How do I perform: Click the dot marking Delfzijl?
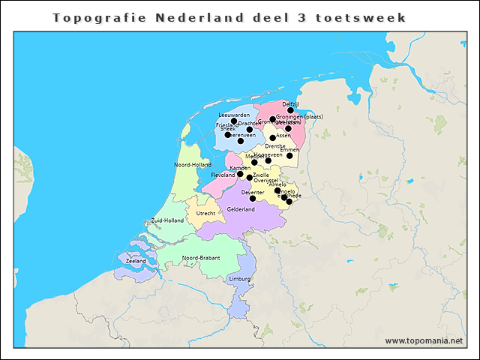pyautogui.click(x=291, y=110)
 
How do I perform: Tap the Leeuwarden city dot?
pyautogui.click(x=234, y=121)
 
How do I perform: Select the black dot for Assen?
pyautogui.click(x=273, y=138)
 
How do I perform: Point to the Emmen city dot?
pyautogui.click(x=289, y=155)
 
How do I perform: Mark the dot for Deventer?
pyautogui.click(x=253, y=199)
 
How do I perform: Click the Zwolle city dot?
pyautogui.click(x=250, y=177)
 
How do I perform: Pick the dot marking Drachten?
pyautogui.click(x=250, y=129)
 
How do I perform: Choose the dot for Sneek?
pyautogui.click(x=228, y=135)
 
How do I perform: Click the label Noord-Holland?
pyautogui.click(x=193, y=164)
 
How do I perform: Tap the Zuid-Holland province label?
pyautogui.click(x=167, y=220)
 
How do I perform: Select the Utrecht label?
pyautogui.click(x=205, y=214)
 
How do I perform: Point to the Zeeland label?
pyautogui.click(x=136, y=261)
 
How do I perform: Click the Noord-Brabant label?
pyautogui.click(x=201, y=258)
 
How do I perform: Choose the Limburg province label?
pyautogui.click(x=239, y=279)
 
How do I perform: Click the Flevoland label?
pyautogui.click(x=223, y=175)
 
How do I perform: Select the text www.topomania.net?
pyautogui.click(x=424, y=340)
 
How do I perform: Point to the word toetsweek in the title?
pyautogui.click(x=370, y=16)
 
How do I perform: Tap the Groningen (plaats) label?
pyautogui.click(x=299, y=117)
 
